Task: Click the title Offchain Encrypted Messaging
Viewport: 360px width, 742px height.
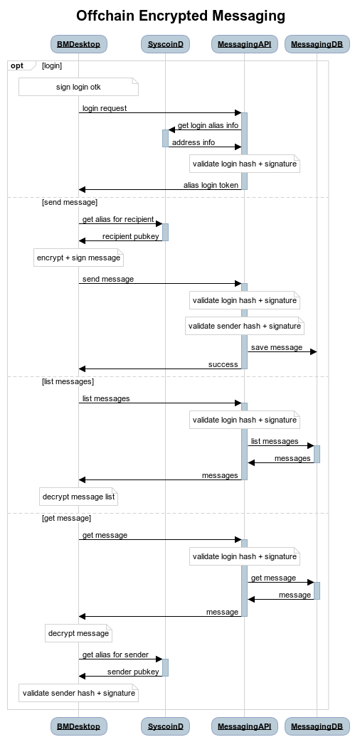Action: tap(180, 16)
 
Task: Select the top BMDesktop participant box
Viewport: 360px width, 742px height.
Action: tap(78, 44)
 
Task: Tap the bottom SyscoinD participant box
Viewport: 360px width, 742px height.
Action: tap(165, 726)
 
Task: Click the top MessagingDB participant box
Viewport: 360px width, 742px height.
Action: tap(317, 44)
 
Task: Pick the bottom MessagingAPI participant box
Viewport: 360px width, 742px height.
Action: tap(244, 726)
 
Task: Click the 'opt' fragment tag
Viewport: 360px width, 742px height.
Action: tap(17, 65)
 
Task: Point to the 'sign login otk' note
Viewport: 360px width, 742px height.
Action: tap(78, 87)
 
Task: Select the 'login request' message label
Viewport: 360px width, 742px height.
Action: tap(105, 108)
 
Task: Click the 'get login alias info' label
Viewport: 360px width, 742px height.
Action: tap(208, 125)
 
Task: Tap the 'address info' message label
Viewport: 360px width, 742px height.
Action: tap(193, 142)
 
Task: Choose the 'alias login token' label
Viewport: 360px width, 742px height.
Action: tap(211, 185)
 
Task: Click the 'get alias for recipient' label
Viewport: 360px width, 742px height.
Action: tap(118, 219)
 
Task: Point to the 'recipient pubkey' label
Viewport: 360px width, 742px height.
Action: tap(131, 236)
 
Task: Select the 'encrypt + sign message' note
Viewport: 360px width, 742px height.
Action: tap(78, 258)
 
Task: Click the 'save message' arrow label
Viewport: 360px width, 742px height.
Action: tap(277, 347)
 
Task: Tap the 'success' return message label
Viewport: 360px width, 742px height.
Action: tap(223, 364)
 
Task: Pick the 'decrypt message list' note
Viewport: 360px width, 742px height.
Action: tap(78, 497)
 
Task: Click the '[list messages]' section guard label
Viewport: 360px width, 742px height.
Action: tap(68, 381)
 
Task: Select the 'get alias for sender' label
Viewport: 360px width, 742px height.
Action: tap(115, 655)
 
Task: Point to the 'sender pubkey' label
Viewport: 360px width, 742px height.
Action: tap(134, 672)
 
